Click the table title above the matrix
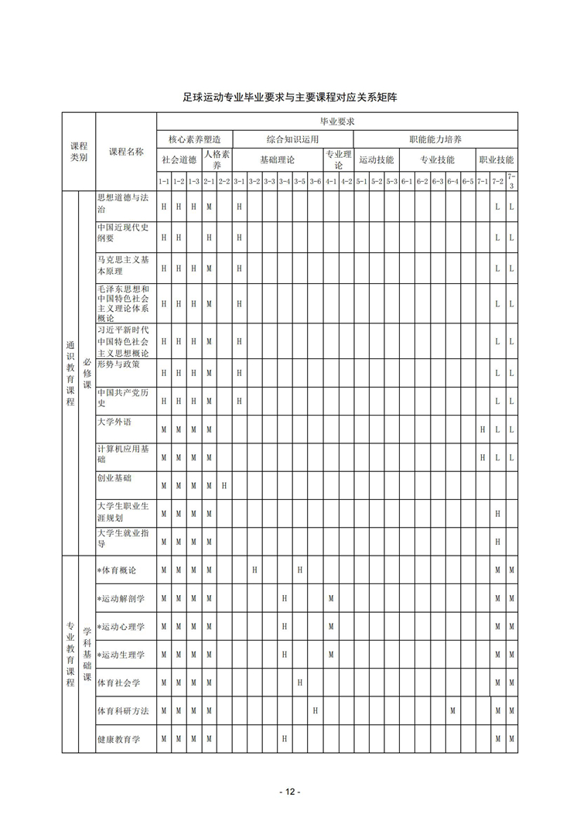click(x=290, y=97)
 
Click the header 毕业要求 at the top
click(x=337, y=121)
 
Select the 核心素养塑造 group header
click(x=194, y=139)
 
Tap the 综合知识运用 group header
click(x=292, y=139)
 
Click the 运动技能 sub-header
click(x=377, y=160)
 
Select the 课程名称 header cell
click(x=126, y=152)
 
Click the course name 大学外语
click(x=114, y=422)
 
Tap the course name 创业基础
click(x=114, y=478)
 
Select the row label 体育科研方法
click(x=122, y=710)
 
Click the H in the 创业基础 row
click(x=224, y=486)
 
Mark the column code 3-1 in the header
click(x=239, y=182)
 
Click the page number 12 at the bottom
click(x=290, y=792)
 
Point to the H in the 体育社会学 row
click(x=300, y=682)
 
